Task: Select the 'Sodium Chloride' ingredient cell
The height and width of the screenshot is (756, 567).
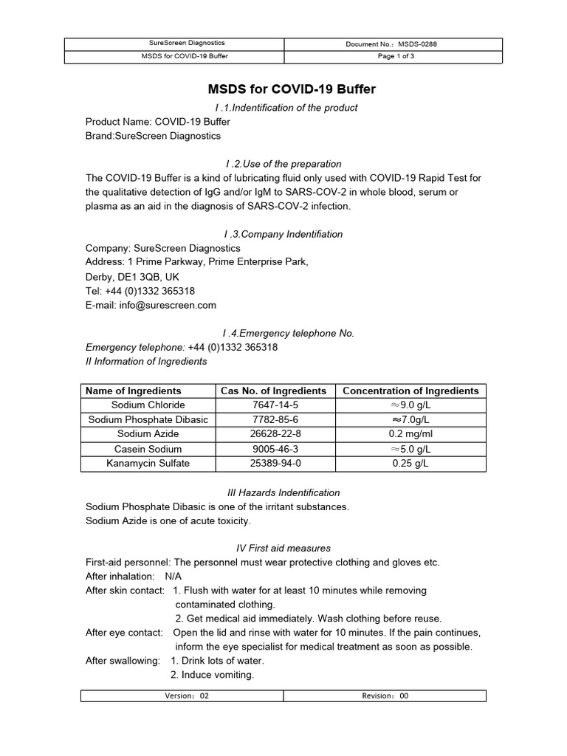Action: [x=148, y=405]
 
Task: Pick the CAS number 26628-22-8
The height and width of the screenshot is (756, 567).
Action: [x=273, y=434]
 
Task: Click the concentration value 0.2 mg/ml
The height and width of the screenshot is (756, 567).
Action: [x=410, y=434]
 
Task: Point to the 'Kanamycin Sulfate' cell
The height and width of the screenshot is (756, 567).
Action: [x=148, y=463]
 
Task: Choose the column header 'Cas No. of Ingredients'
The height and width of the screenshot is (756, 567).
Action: [x=273, y=391]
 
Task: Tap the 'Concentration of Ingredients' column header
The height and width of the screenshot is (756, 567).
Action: [x=410, y=391]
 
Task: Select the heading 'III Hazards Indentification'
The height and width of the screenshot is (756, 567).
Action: [x=283, y=492]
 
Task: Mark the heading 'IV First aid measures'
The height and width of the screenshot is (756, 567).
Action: [x=283, y=549]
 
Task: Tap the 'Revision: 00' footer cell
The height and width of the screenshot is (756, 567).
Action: [x=385, y=695]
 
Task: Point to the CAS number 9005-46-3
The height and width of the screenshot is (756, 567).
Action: [x=273, y=449]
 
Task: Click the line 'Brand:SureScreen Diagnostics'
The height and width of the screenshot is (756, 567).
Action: [x=153, y=136]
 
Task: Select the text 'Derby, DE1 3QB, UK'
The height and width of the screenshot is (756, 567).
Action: [x=132, y=277]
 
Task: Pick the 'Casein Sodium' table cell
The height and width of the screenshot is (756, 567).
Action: [x=148, y=449]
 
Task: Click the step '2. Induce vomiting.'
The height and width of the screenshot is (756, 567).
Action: [x=212, y=675]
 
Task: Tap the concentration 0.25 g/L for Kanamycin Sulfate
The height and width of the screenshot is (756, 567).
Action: [x=410, y=463]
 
